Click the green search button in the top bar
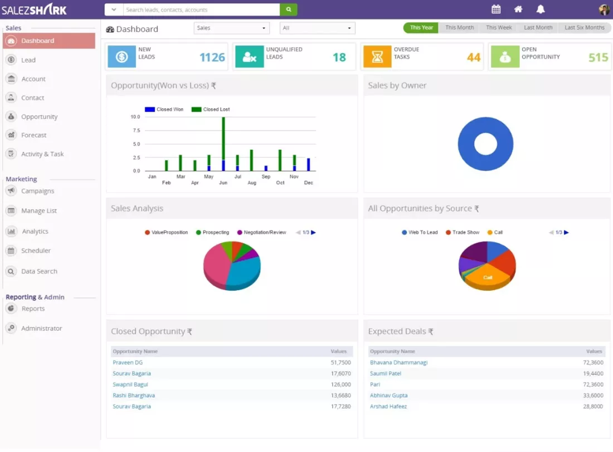coord(289,9)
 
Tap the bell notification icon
coord(541,9)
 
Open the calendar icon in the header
coord(496,9)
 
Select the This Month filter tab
coord(459,27)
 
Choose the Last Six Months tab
coord(584,27)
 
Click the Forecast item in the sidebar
coord(33,135)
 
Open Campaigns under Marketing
coord(37,191)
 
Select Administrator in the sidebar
coord(41,328)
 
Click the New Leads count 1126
coord(212,57)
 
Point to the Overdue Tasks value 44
coord(474,57)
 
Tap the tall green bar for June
coord(223,138)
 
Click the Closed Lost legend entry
coord(210,109)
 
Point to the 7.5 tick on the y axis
coord(136,131)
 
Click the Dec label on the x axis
coord(309,183)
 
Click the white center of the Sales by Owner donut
coord(485,143)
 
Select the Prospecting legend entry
coord(212,233)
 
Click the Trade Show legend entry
coord(463,233)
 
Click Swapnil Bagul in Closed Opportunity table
coord(130,384)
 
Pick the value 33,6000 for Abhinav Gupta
coord(593,395)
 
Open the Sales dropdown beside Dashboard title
coord(231,28)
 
